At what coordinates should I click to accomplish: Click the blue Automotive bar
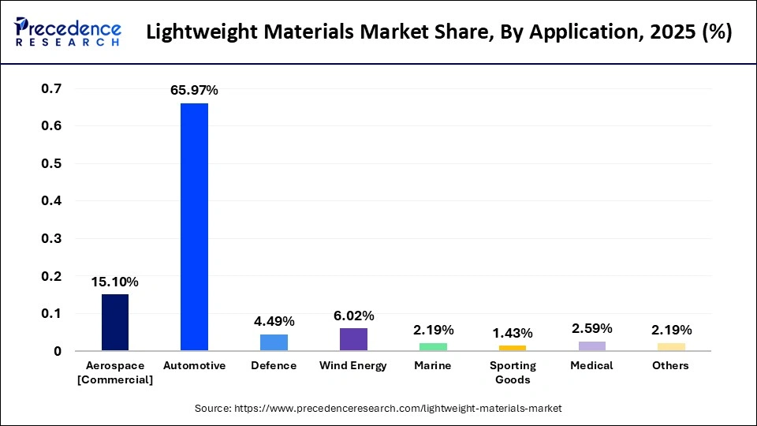point(194,227)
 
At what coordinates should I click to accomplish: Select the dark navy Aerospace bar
point(115,322)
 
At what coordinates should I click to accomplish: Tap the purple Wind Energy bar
point(353,339)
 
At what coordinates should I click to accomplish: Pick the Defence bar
point(274,342)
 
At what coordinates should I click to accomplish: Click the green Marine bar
point(433,346)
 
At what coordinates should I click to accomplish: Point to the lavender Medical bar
point(591,346)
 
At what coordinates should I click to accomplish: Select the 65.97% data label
point(194,91)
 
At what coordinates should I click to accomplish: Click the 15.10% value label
point(115,282)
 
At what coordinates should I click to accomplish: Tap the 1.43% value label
point(512,332)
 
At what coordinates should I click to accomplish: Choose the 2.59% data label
point(591,329)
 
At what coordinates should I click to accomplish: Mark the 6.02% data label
point(353,316)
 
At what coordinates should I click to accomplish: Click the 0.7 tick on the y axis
point(50,88)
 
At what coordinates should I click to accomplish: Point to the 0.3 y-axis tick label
point(50,238)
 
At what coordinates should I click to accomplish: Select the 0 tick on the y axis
point(58,351)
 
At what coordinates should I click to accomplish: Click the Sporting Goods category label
point(512,372)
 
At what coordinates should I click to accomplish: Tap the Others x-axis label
point(670,366)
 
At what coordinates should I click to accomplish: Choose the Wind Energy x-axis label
point(353,366)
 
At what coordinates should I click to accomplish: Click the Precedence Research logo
point(68,32)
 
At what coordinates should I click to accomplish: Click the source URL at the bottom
point(378,408)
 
